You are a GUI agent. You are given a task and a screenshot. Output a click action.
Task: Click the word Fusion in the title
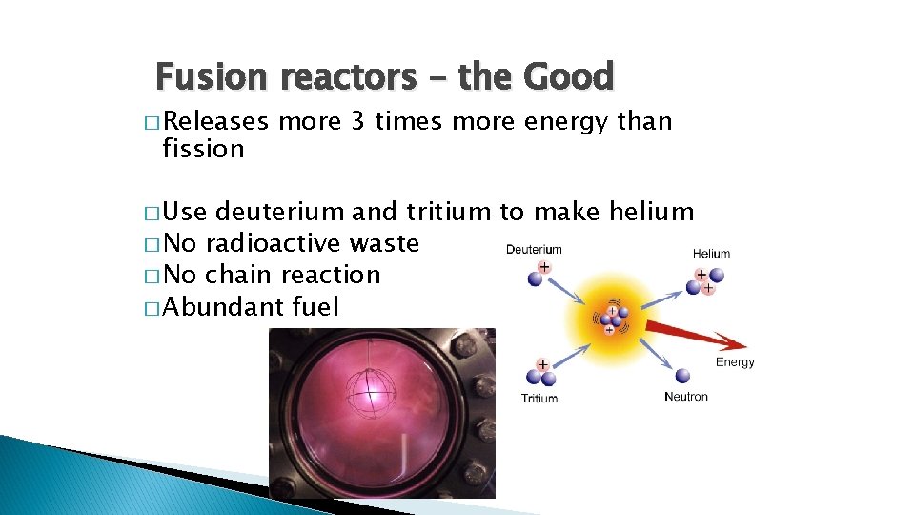click(x=203, y=76)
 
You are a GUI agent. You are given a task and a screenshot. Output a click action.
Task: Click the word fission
click(x=203, y=149)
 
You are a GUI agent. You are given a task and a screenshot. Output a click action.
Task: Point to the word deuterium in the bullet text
click(x=281, y=212)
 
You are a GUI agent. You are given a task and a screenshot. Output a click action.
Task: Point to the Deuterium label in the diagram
click(x=534, y=250)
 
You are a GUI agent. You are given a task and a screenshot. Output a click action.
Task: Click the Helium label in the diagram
click(x=711, y=254)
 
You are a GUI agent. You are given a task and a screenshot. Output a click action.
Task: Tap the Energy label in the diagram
click(x=735, y=362)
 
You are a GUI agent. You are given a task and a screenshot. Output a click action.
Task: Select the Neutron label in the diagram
click(x=686, y=397)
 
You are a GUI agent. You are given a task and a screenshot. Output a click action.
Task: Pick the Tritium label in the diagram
click(x=539, y=399)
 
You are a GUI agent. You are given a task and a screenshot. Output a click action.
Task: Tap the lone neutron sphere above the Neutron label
click(x=683, y=374)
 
